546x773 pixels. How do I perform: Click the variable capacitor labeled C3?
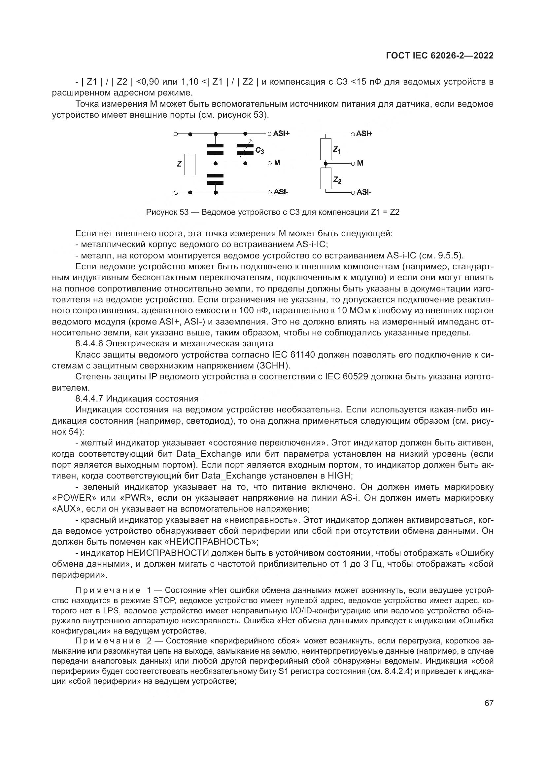click(x=245, y=149)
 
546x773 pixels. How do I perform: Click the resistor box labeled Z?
click(x=190, y=164)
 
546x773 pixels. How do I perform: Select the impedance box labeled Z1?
click(x=325, y=149)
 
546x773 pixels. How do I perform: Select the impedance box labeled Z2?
click(x=325, y=178)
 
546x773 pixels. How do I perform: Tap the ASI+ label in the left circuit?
click(x=281, y=134)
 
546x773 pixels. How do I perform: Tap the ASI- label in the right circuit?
click(x=364, y=192)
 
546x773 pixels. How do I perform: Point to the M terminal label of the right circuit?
click(x=360, y=163)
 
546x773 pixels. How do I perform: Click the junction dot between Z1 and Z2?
click(x=325, y=164)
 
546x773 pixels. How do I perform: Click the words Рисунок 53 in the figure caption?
click(x=167, y=213)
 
